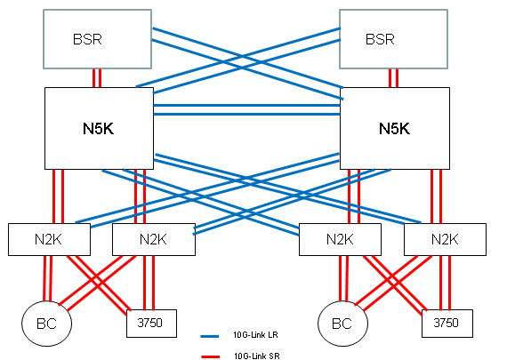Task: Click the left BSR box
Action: [97, 39]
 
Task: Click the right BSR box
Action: [393, 39]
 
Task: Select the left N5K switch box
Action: [99, 128]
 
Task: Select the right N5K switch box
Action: [395, 128]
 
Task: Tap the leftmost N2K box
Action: [49, 239]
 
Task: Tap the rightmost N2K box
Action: [445, 239]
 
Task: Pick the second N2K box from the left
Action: [154, 239]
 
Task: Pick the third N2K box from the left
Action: [340, 239]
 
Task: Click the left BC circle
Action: [47, 324]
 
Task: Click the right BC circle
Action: [342, 324]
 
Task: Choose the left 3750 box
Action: [151, 324]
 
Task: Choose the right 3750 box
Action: [447, 324]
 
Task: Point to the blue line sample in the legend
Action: [210, 336]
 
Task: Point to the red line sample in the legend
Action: [210, 356]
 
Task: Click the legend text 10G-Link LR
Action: [255, 335]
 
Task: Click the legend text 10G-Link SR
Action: [257, 356]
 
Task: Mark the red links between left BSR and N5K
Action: [97, 78]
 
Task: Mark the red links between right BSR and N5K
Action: [393, 78]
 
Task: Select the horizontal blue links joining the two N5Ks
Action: [246, 110]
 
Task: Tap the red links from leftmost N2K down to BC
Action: [47, 278]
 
